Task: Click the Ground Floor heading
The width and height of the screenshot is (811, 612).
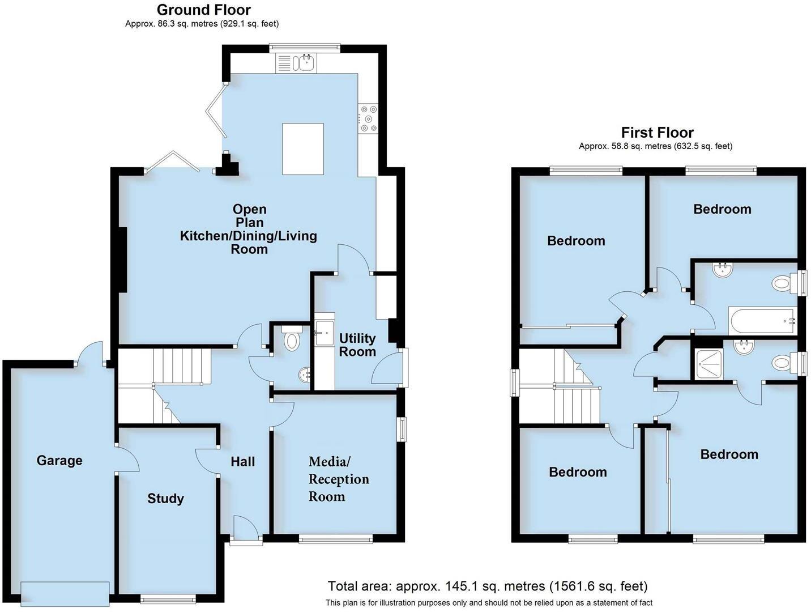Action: (203, 10)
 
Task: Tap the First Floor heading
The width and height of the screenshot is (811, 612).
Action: (657, 133)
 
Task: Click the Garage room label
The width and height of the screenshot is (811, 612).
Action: (59, 460)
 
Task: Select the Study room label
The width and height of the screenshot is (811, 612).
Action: (165, 499)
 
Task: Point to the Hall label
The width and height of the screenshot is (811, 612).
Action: (242, 462)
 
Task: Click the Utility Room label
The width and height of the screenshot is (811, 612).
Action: (357, 345)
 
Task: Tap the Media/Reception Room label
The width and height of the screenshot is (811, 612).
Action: (339, 479)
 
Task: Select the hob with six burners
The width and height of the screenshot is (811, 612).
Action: (368, 119)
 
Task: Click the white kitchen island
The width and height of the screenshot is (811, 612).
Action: (303, 149)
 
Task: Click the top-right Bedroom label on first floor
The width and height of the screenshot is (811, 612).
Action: (722, 209)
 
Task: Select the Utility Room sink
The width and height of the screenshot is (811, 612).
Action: (325, 328)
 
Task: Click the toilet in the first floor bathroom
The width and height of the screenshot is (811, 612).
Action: (783, 283)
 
